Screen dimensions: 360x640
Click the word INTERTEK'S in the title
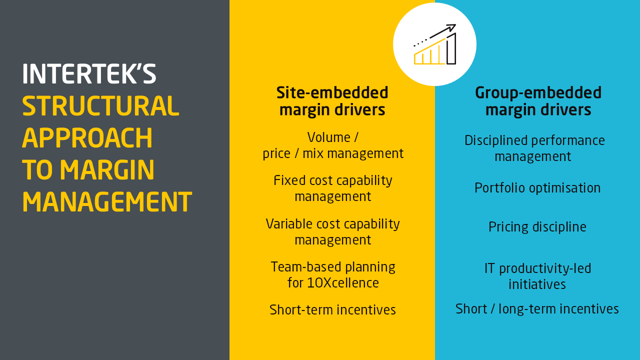pyautogui.click(x=89, y=74)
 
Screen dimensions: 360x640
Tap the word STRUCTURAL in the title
pyautogui.click(x=100, y=106)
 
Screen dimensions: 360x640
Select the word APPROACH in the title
pyautogui.click(x=87, y=138)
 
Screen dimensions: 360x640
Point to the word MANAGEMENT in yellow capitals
pyautogui.click(x=106, y=202)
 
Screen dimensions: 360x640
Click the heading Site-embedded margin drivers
pyautogui.click(x=332, y=101)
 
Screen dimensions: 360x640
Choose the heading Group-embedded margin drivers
pyautogui.click(x=538, y=101)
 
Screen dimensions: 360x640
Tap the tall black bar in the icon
pyautogui.click(x=451, y=49)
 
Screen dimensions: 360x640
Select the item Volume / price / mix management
pyautogui.click(x=333, y=145)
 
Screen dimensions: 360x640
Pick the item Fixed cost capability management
pyautogui.click(x=333, y=188)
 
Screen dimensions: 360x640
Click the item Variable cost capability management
pyautogui.click(x=333, y=231)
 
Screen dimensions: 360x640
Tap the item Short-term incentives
pyautogui.click(x=332, y=310)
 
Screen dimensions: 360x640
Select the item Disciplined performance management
pyautogui.click(x=534, y=148)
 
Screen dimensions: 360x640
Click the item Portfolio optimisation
pyautogui.click(x=537, y=188)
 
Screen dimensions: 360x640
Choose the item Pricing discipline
pyautogui.click(x=537, y=227)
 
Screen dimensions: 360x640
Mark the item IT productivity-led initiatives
pyautogui.click(x=537, y=276)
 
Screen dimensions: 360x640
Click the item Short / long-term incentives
pyautogui.click(x=537, y=309)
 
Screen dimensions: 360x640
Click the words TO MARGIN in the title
pyautogui.click(x=88, y=170)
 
